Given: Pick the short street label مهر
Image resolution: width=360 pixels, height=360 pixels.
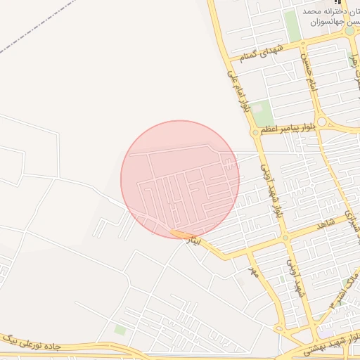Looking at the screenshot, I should point(254,271).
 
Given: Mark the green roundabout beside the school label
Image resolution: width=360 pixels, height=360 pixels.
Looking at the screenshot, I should point(349,31).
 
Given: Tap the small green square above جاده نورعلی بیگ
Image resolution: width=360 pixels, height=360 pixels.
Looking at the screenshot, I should point(120,329).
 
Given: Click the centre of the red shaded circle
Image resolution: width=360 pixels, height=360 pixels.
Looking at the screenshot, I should point(180,179).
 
